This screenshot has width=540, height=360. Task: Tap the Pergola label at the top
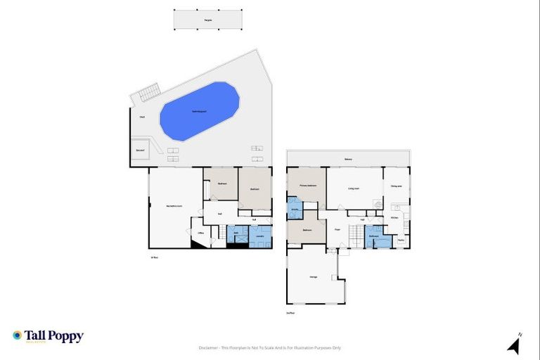click(x=208, y=20)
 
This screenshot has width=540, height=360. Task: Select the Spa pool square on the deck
click(x=139, y=150)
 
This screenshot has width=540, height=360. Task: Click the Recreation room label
click(x=170, y=205)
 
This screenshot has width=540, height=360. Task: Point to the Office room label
click(x=200, y=233)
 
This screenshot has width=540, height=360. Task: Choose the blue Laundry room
click(x=259, y=236)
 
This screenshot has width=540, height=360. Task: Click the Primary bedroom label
click(x=307, y=186)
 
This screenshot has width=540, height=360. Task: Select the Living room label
click(x=353, y=188)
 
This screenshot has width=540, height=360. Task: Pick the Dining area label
click(x=396, y=186)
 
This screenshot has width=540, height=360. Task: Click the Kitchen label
click(x=394, y=218)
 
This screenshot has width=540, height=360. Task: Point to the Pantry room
click(x=401, y=240)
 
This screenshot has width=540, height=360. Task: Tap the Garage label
click(x=313, y=277)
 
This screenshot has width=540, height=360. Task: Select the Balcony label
click(x=348, y=160)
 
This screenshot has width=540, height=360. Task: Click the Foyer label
click(x=337, y=230)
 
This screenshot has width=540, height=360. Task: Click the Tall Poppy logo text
click(x=54, y=336)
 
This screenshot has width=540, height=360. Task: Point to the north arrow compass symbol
click(x=514, y=345)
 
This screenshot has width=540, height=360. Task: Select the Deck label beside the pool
click(x=142, y=117)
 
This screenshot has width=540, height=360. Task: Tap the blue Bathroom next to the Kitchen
click(x=374, y=237)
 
